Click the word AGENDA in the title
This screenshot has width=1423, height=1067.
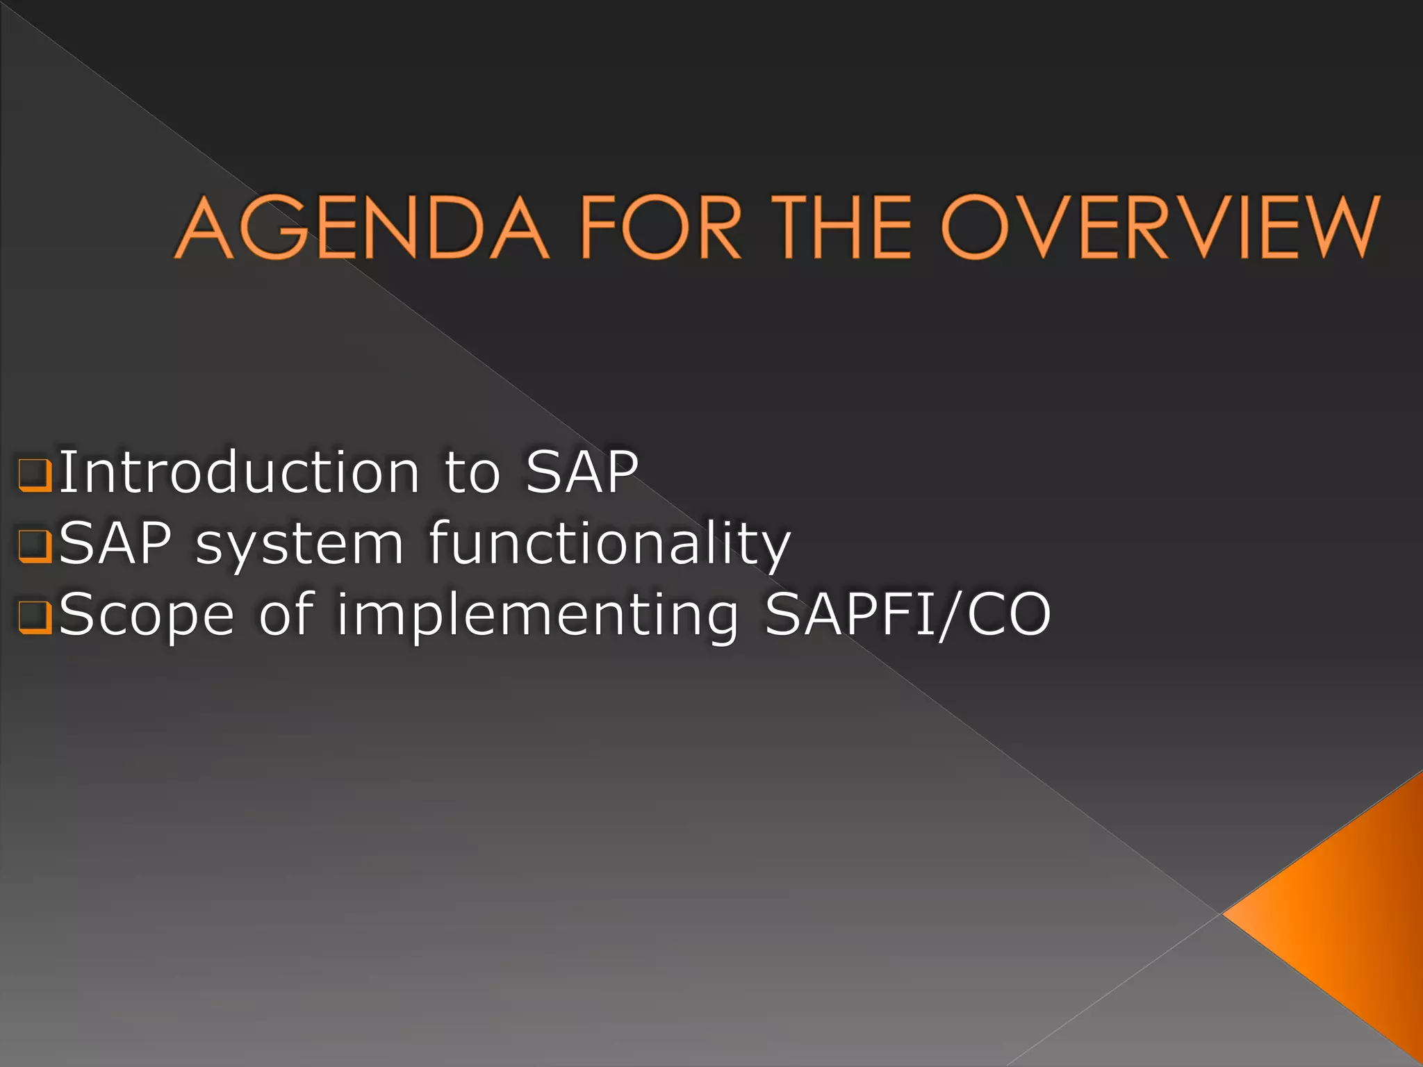tap(361, 227)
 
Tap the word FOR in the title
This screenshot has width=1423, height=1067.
tap(660, 227)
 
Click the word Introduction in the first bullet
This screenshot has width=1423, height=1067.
tap(239, 472)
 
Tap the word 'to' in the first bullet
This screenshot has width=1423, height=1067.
tap(472, 472)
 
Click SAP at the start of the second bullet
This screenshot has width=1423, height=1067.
tap(115, 543)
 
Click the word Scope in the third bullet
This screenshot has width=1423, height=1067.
tap(147, 615)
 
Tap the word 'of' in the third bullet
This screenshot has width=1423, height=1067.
tap(287, 614)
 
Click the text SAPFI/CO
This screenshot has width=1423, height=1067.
tap(907, 614)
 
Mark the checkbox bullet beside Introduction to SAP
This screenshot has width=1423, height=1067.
tap(35, 475)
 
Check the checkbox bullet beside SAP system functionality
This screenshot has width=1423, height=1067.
tap(35, 546)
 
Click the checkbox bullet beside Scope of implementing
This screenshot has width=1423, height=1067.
tap(35, 617)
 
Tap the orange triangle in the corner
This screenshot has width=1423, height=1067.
tap(1355, 917)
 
